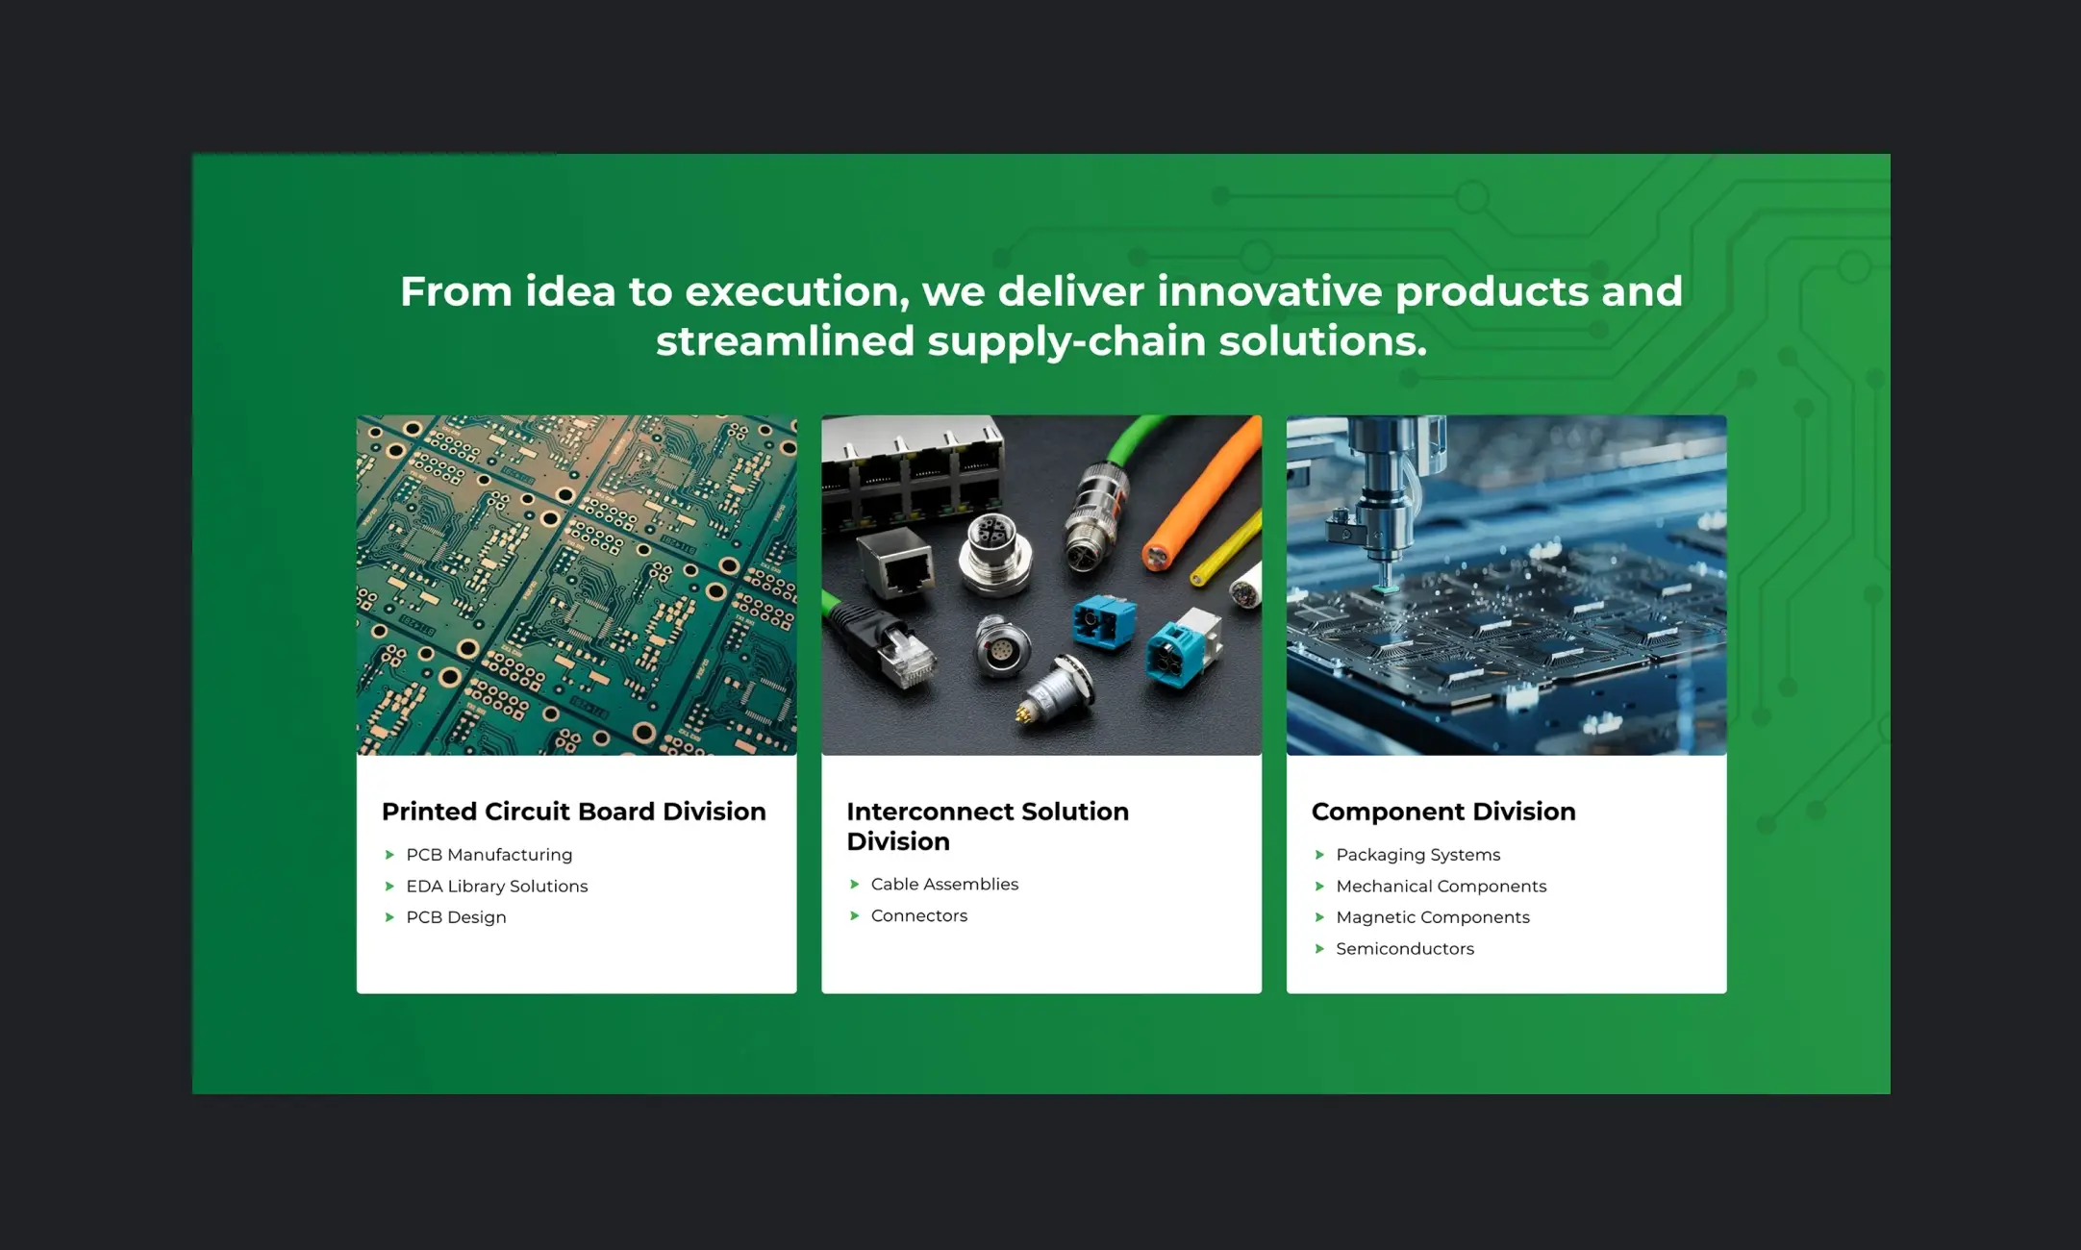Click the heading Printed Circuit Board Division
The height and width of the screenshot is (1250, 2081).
click(573, 812)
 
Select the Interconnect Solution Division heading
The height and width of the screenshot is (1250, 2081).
click(988, 826)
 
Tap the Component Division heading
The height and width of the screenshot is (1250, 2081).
click(1443, 812)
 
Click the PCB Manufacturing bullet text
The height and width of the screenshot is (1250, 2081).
click(489, 855)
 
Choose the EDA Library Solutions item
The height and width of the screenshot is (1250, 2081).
click(496, 886)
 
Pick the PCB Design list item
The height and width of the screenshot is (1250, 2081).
click(456, 917)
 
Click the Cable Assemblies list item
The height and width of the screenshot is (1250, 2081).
click(944, 884)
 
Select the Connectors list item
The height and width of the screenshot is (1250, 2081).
click(919, 915)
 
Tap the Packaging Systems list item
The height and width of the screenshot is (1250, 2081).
click(1417, 855)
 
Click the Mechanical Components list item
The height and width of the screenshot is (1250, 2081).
click(1441, 886)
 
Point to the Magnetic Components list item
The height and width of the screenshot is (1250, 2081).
click(1432, 917)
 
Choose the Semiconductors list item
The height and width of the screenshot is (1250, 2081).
click(1405, 948)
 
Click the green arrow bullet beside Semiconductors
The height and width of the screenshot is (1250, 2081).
click(1319, 949)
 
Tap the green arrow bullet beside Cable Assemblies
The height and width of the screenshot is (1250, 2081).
click(854, 885)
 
